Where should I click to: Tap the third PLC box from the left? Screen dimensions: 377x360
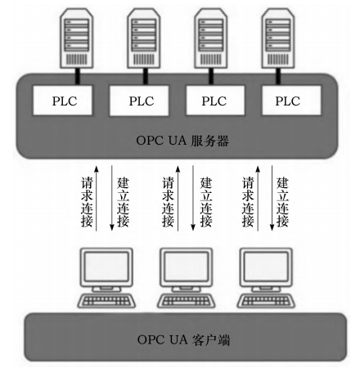tap(214, 102)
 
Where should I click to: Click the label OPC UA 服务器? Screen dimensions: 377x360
tap(182, 140)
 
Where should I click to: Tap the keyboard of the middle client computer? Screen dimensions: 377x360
tap(184, 299)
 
